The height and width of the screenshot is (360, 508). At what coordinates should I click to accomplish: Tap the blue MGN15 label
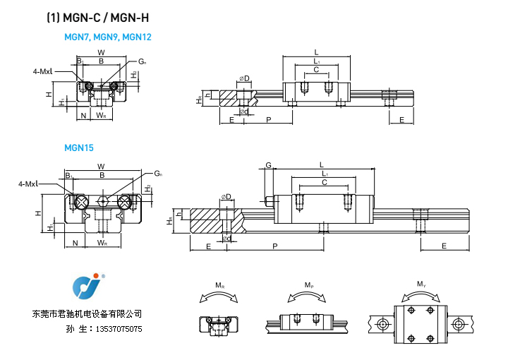pos(79,148)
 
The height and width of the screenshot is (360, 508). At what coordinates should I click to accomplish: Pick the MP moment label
pos(309,285)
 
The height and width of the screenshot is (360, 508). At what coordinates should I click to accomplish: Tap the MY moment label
pos(421,284)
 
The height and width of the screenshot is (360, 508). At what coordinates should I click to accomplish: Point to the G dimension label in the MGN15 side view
pos(268,165)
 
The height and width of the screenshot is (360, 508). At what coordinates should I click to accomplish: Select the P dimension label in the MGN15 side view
pos(274,245)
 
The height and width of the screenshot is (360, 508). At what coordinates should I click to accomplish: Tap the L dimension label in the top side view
pos(316,52)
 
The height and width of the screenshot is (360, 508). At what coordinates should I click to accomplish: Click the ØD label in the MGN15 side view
pos(226,196)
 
